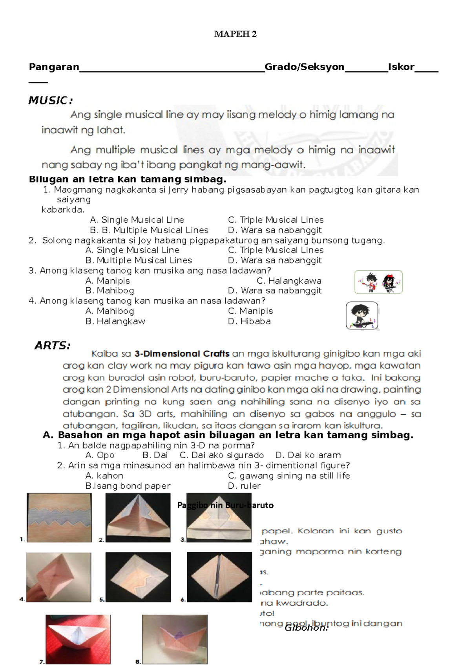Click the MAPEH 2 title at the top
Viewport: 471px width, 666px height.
click(235, 34)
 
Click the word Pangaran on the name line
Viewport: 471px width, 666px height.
click(54, 67)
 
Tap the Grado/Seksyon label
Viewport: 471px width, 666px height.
click(304, 67)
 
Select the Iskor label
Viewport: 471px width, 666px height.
click(401, 67)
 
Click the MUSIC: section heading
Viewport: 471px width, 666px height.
click(51, 101)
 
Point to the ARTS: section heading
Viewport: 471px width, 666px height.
click(53, 346)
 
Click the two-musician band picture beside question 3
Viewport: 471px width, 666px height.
click(378, 282)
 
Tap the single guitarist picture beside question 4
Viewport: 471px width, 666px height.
click(362, 316)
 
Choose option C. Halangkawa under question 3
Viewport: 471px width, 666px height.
click(289, 281)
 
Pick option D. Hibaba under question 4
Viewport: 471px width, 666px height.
click(249, 321)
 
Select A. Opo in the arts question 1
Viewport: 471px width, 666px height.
click(100, 455)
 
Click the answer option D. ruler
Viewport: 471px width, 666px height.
click(244, 486)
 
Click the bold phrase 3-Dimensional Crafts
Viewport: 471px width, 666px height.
click(182, 354)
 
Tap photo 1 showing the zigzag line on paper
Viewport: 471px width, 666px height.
click(59, 518)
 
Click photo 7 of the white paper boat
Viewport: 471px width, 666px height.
click(78, 639)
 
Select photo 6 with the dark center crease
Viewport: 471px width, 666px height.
click(219, 577)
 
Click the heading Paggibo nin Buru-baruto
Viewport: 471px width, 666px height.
click(225, 506)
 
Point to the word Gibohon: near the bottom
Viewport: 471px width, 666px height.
click(306, 628)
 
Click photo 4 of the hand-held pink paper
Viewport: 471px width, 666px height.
click(59, 577)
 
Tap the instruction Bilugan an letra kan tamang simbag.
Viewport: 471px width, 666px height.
click(128, 180)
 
